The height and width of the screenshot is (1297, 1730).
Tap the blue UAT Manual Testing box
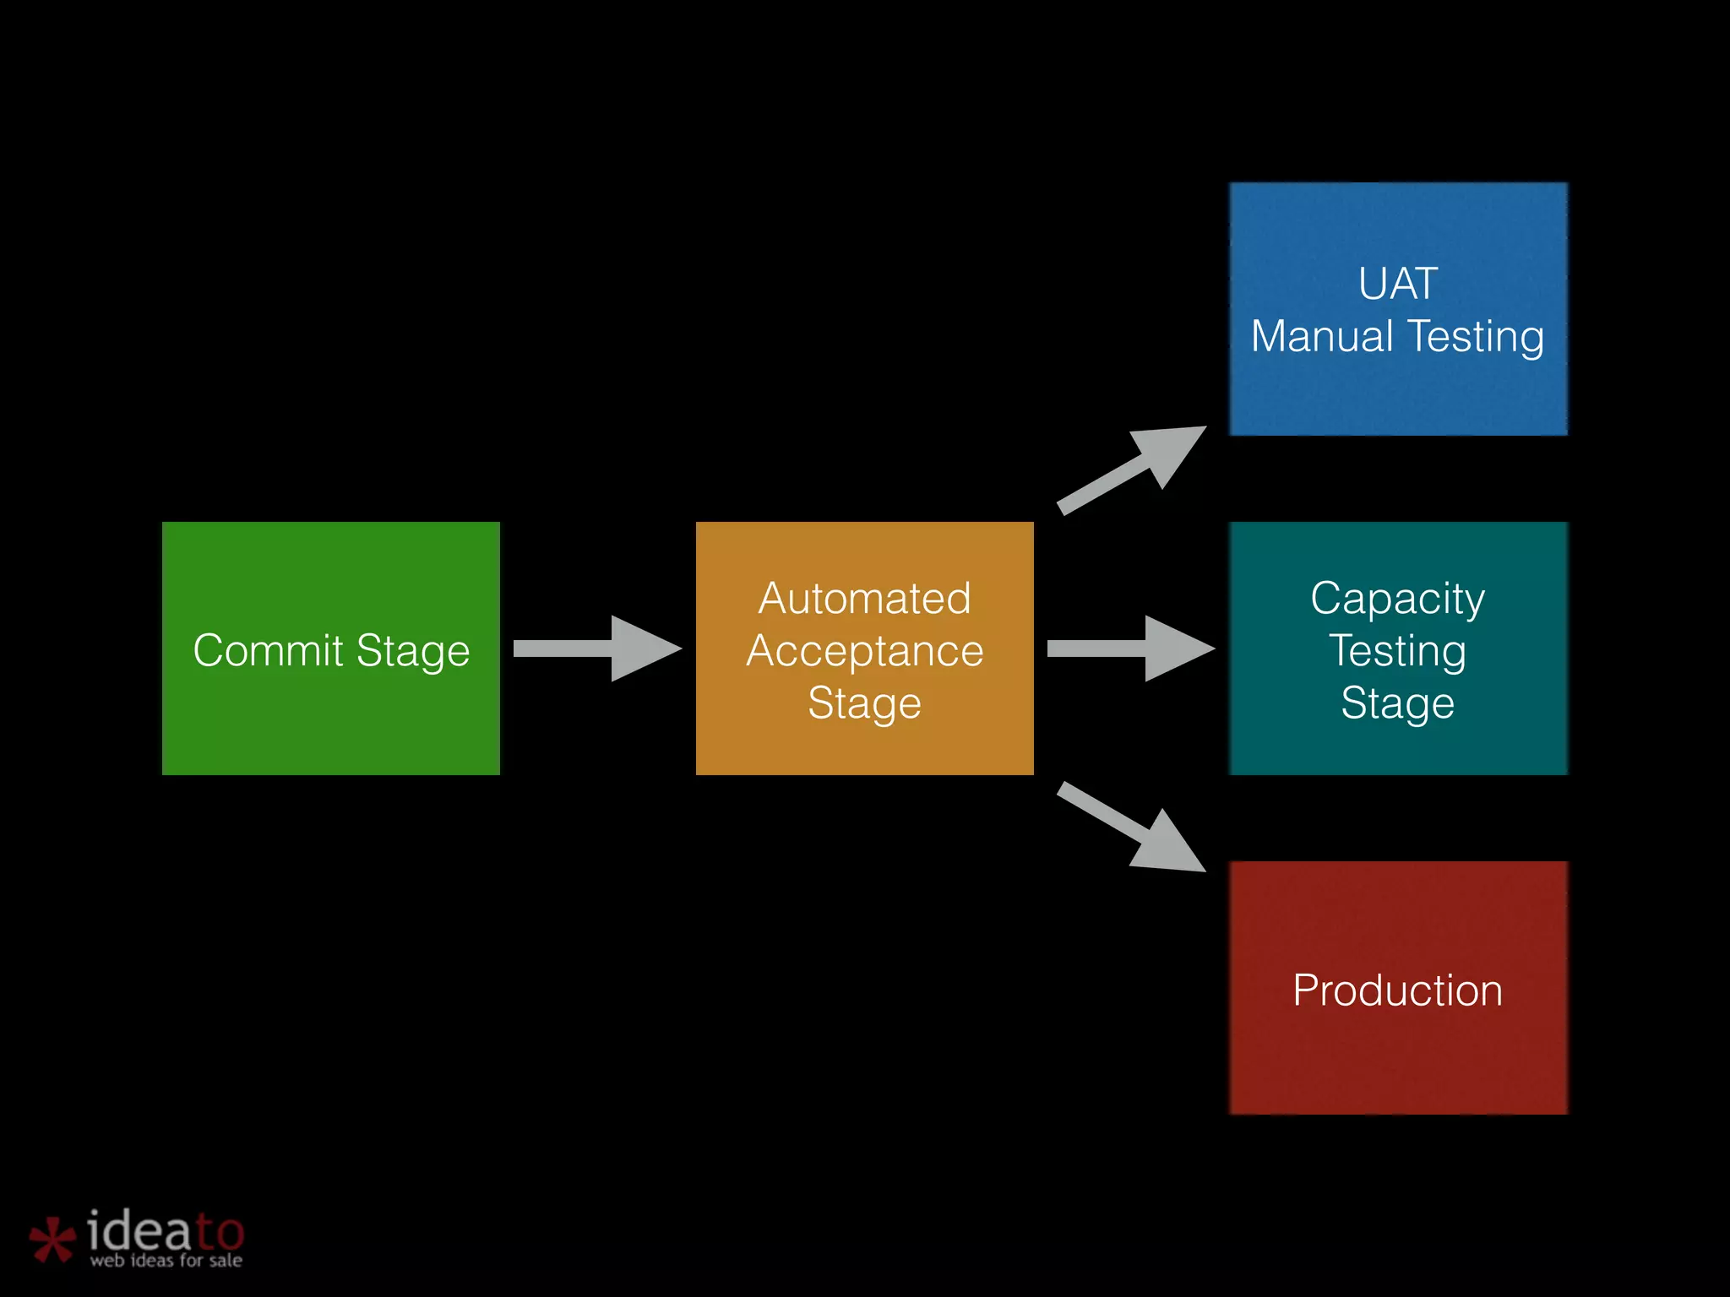point(1398,397)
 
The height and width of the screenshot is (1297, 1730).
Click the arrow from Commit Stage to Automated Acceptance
point(596,648)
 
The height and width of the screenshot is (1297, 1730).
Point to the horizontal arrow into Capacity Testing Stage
point(1130,648)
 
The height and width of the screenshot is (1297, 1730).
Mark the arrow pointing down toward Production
point(1132,828)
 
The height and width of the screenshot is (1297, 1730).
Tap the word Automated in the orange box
point(864,599)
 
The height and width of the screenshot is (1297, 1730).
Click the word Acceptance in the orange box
point(864,651)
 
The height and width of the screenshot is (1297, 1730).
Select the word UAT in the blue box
point(1398,284)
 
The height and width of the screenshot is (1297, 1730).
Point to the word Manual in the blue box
point(1322,336)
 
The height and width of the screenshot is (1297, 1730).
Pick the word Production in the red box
point(1398,990)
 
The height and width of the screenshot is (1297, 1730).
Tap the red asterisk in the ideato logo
point(52,1240)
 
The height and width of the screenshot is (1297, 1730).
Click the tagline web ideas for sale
point(166,1261)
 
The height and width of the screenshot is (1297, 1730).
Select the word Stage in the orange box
point(864,703)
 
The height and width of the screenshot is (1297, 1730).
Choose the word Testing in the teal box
point(1398,651)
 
